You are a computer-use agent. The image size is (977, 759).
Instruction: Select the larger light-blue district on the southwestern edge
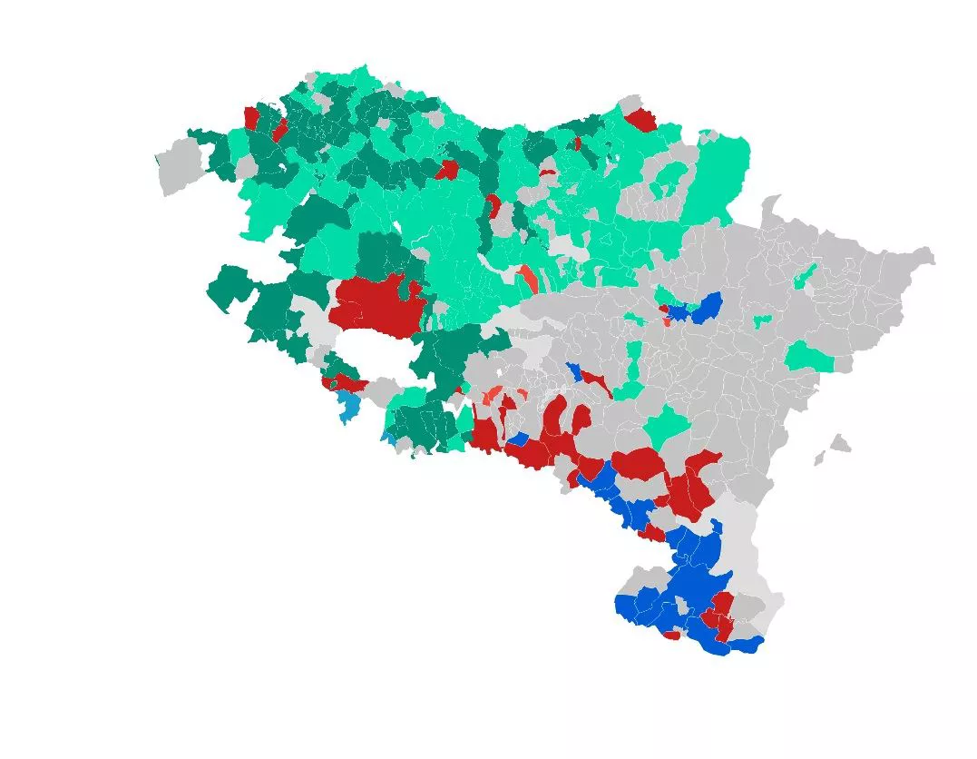[347, 405]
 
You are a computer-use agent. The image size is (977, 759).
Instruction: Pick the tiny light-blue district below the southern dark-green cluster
[389, 438]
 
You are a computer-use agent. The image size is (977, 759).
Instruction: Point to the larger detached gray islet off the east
[840, 444]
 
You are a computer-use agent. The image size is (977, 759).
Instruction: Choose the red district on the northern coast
[641, 119]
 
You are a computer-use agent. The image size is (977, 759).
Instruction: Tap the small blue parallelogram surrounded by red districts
[519, 439]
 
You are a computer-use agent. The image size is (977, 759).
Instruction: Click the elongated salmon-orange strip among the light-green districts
[526, 278]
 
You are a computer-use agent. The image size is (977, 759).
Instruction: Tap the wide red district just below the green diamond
[640, 463]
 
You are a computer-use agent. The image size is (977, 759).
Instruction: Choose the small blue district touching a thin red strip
[573, 370]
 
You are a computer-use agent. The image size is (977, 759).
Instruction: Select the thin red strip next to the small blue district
[595, 379]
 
